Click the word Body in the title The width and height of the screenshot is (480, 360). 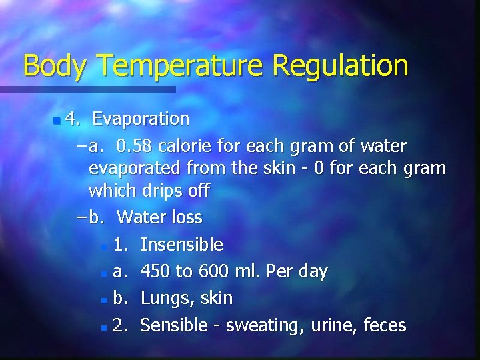(56, 66)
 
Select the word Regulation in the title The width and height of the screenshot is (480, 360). (340, 66)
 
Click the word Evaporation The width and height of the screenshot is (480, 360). (141, 119)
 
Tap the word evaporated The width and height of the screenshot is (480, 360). (133, 168)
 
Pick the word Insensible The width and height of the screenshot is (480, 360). (182, 245)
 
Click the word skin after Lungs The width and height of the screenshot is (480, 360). (216, 298)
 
